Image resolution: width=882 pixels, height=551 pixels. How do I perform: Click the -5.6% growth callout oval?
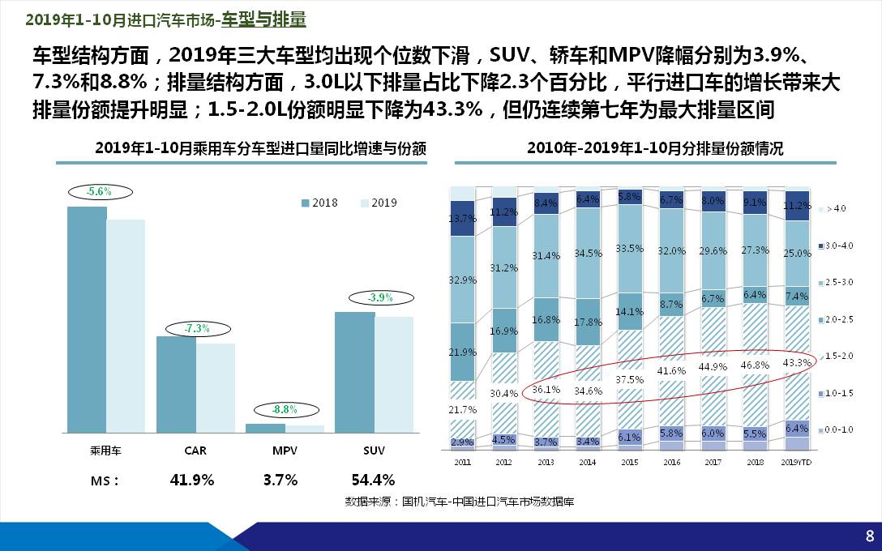[x=99, y=192]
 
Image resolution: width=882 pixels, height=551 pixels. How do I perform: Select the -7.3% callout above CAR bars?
[x=197, y=328]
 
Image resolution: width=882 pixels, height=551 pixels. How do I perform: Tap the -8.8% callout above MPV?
[x=285, y=409]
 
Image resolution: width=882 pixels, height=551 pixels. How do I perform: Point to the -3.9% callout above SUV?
[x=379, y=297]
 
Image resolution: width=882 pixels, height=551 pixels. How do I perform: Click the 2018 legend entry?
[x=319, y=203]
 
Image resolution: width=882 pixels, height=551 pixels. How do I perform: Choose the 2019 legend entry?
[x=378, y=203]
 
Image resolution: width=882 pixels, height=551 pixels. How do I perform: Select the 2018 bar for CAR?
[x=176, y=384]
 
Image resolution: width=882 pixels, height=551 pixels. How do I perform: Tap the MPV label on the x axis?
[x=285, y=450]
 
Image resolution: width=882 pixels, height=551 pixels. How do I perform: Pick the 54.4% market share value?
[x=373, y=480]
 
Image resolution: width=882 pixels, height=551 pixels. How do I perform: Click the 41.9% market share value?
[x=192, y=480]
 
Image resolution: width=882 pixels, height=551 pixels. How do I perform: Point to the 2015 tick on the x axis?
[x=629, y=462]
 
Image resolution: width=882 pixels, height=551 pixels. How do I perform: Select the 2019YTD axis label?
[x=797, y=462]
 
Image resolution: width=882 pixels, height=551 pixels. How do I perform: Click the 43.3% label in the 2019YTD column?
[x=797, y=362]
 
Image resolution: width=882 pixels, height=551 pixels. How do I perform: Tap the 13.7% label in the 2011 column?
[x=462, y=218]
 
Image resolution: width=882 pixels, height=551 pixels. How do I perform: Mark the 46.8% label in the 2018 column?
[x=755, y=365]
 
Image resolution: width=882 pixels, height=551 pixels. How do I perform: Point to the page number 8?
[x=869, y=536]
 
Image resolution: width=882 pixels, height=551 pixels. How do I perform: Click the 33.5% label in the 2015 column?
[x=629, y=248]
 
